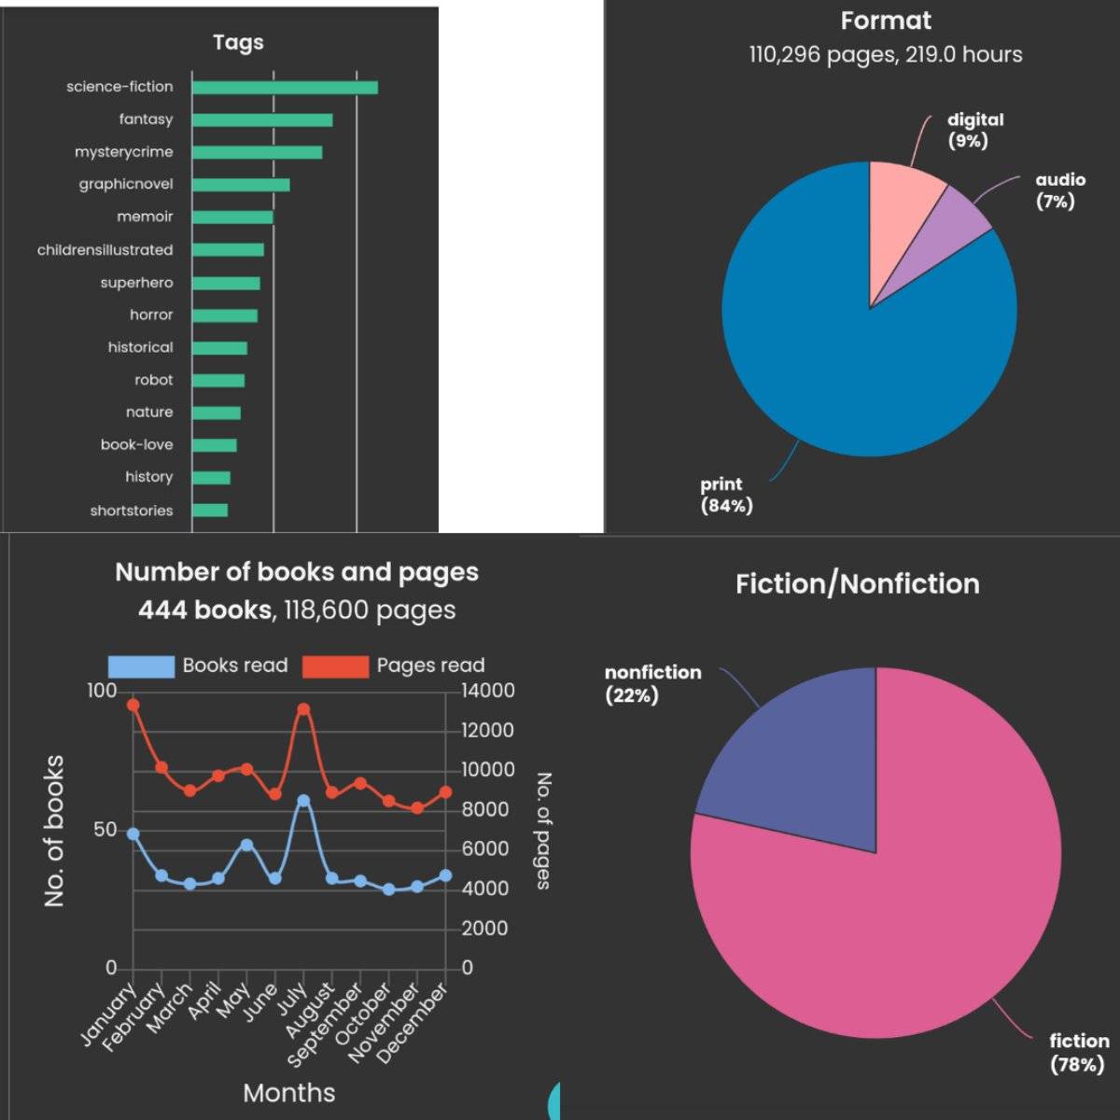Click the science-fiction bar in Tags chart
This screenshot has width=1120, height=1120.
285,88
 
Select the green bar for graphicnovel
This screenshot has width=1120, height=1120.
241,185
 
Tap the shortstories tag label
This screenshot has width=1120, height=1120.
132,511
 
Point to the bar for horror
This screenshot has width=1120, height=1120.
225,315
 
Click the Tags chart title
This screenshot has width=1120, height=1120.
238,42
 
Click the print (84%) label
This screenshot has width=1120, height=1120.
726,495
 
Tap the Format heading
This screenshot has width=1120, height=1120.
886,21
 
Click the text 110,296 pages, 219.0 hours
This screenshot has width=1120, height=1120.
886,55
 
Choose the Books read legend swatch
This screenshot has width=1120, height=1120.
141,666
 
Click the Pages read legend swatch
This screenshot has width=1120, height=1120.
335,666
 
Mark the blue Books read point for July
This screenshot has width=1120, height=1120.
303,801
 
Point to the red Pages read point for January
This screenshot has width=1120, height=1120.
133,705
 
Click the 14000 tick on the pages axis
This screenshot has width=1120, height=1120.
488,691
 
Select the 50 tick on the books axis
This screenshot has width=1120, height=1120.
105,830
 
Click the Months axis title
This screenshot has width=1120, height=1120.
288,1093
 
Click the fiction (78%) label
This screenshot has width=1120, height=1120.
1079,1053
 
